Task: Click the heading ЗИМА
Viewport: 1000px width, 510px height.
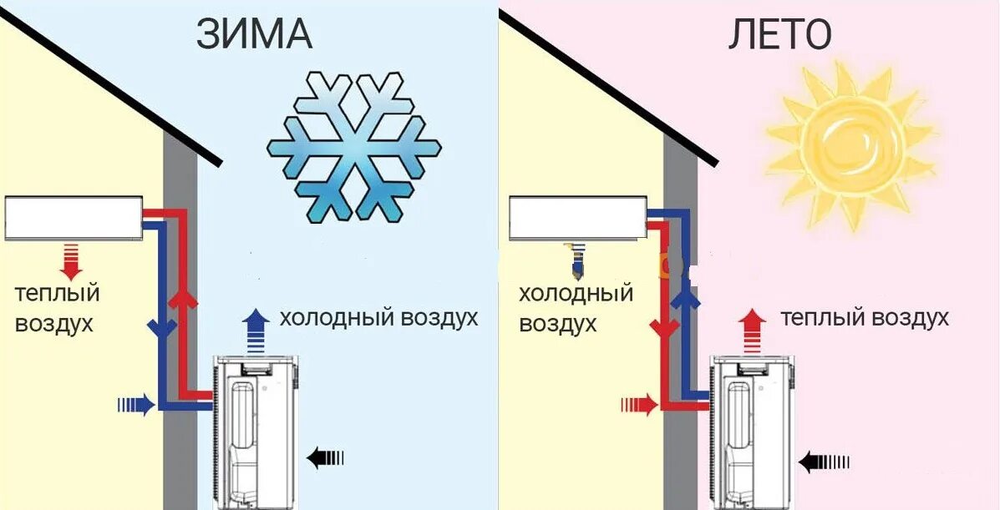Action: coord(254,35)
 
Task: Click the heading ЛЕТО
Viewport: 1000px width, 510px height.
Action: coord(779,35)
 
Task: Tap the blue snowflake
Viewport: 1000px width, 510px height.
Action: coord(354,147)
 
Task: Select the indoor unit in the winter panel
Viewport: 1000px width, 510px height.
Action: coord(74,218)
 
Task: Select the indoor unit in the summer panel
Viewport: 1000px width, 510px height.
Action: coord(576,217)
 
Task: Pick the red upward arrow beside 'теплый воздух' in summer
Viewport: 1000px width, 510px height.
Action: coord(753,328)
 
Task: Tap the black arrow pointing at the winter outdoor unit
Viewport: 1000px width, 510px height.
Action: coord(325,457)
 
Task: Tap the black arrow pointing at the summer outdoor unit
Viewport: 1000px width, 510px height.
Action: coord(824,460)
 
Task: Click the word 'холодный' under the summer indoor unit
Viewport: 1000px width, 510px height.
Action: coord(576,294)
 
